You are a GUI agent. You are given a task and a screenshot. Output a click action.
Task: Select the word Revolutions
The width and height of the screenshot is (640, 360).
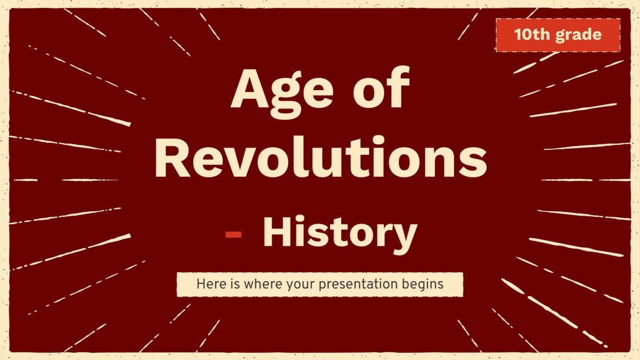pos(320,158)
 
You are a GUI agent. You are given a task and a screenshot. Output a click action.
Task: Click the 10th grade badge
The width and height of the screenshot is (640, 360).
pos(558,35)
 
